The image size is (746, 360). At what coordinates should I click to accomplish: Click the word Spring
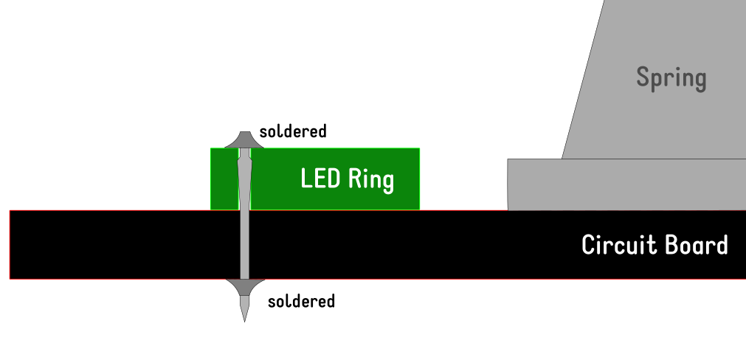pos(671,77)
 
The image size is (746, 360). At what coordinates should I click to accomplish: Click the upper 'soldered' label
pos(292,132)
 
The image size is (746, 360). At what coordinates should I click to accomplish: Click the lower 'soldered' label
pos(301,301)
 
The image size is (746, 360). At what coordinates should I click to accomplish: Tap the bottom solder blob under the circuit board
pos(244,286)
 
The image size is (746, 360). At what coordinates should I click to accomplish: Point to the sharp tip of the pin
pos(244,319)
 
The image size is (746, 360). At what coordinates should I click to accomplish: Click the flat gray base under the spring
pos(627,184)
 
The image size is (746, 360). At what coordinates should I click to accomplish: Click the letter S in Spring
pos(643,77)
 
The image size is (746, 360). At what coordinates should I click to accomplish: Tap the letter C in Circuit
pos(589,245)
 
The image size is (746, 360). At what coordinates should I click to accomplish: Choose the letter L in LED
pos(305,179)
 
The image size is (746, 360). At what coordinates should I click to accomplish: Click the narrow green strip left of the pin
pos(224,179)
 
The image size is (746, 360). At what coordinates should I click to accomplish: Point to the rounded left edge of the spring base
pos(509,184)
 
